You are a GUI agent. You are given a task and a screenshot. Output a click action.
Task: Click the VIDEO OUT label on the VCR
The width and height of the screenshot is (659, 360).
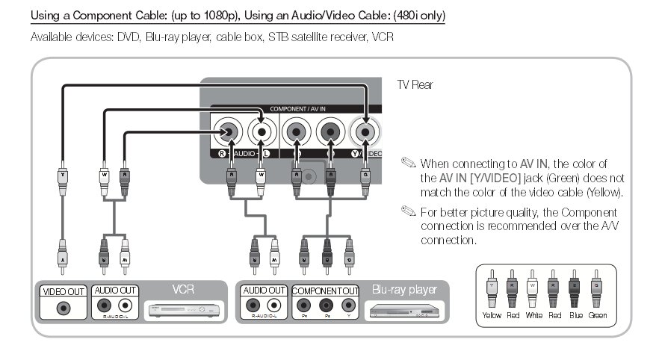[64, 291]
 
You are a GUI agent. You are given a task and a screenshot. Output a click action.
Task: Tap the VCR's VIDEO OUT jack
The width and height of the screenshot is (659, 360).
[64, 306]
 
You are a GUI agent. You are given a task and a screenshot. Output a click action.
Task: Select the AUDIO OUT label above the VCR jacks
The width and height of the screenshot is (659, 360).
[114, 291]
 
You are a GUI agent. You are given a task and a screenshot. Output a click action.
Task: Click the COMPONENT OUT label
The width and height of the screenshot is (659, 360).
[326, 291]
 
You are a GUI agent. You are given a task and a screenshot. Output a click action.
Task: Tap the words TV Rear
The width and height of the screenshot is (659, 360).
[415, 85]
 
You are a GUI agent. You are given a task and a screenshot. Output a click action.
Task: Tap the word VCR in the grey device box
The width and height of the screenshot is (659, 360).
[183, 288]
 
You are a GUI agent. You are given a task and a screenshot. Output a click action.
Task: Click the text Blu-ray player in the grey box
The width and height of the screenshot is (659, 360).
[404, 288]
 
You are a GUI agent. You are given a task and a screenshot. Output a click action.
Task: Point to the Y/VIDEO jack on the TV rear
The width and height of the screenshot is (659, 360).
[365, 132]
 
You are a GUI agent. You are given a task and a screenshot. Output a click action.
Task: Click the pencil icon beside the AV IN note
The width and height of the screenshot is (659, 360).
[407, 162]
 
